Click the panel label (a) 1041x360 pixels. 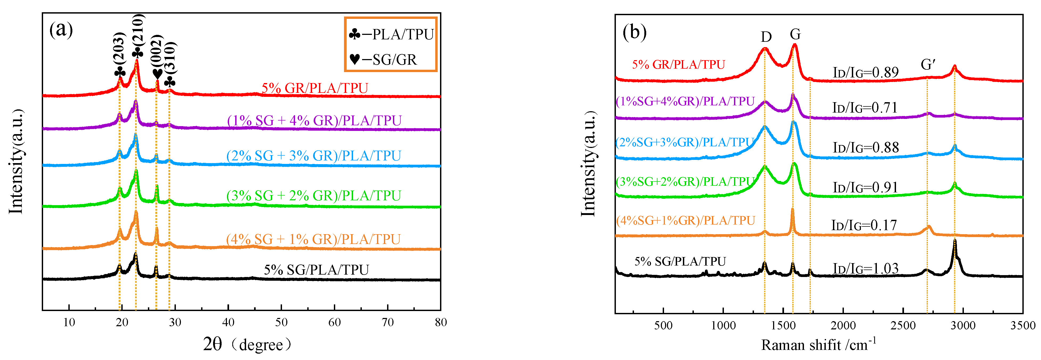click(x=61, y=30)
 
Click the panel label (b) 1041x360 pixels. click(x=634, y=32)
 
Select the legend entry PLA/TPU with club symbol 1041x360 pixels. click(x=391, y=35)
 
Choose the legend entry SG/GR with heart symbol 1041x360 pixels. click(x=383, y=60)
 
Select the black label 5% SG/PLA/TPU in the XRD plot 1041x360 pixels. click(x=316, y=270)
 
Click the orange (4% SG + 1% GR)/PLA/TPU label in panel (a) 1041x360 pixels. click(x=313, y=239)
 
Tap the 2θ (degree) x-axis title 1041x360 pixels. click(x=247, y=345)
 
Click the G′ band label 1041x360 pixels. click(x=928, y=65)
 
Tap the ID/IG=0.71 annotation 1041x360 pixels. click(x=865, y=108)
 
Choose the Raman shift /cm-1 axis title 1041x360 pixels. click(x=818, y=345)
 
